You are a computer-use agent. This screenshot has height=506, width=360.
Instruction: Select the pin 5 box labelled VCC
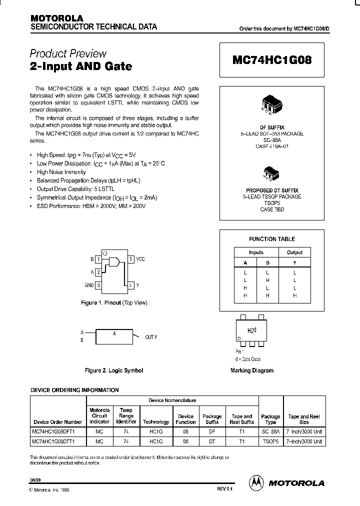[x=130, y=259]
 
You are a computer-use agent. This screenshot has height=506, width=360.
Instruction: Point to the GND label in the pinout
[x=89, y=285]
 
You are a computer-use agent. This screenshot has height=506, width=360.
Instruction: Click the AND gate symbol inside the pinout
[x=114, y=262]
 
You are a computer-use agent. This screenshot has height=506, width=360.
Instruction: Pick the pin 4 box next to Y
[x=130, y=285]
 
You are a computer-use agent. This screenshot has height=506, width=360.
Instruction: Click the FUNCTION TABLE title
[x=272, y=239]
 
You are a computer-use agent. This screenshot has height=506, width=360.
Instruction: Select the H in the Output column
[x=294, y=295]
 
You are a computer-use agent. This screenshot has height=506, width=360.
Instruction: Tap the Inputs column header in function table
[x=256, y=252]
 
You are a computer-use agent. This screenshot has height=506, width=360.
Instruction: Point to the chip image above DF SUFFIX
[x=272, y=103]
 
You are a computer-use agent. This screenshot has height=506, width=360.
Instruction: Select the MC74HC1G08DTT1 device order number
[x=56, y=441]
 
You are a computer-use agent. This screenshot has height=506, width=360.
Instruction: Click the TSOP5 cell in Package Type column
[x=270, y=441]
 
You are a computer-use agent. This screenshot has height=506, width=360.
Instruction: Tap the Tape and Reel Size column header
[x=304, y=419]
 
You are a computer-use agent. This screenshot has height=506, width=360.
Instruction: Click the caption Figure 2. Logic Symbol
[x=114, y=370]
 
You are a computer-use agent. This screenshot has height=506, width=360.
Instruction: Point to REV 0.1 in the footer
[x=225, y=490]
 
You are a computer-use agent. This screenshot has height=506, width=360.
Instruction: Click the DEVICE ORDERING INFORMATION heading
[x=74, y=390]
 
